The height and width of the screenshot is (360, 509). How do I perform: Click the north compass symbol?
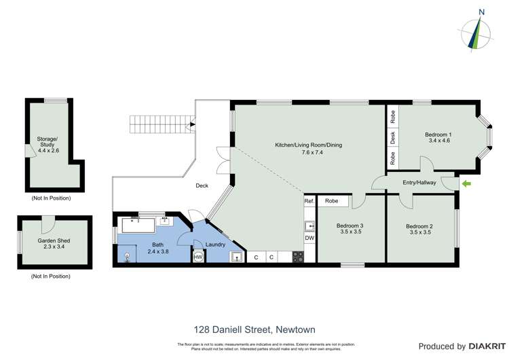pos(480,31)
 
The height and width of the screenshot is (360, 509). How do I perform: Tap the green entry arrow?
pos(466,183)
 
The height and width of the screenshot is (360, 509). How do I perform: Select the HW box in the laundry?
pos(198,257)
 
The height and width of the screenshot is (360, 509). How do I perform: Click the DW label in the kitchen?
pos(309,238)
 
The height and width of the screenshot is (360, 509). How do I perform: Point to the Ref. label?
pos(309,201)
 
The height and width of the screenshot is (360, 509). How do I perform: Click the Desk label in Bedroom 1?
pos(393,137)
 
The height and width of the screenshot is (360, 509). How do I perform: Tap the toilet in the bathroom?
pos(127,256)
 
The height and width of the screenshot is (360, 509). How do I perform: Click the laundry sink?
pos(235,256)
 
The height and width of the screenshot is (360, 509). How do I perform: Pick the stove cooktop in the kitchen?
pos(297,257)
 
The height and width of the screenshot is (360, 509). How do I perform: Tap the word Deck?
pos(202,185)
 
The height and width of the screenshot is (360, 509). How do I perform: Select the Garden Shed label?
pos(54,240)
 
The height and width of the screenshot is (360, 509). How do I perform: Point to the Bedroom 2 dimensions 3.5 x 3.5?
pos(419,232)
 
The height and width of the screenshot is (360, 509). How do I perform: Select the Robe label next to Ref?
pos(332,201)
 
